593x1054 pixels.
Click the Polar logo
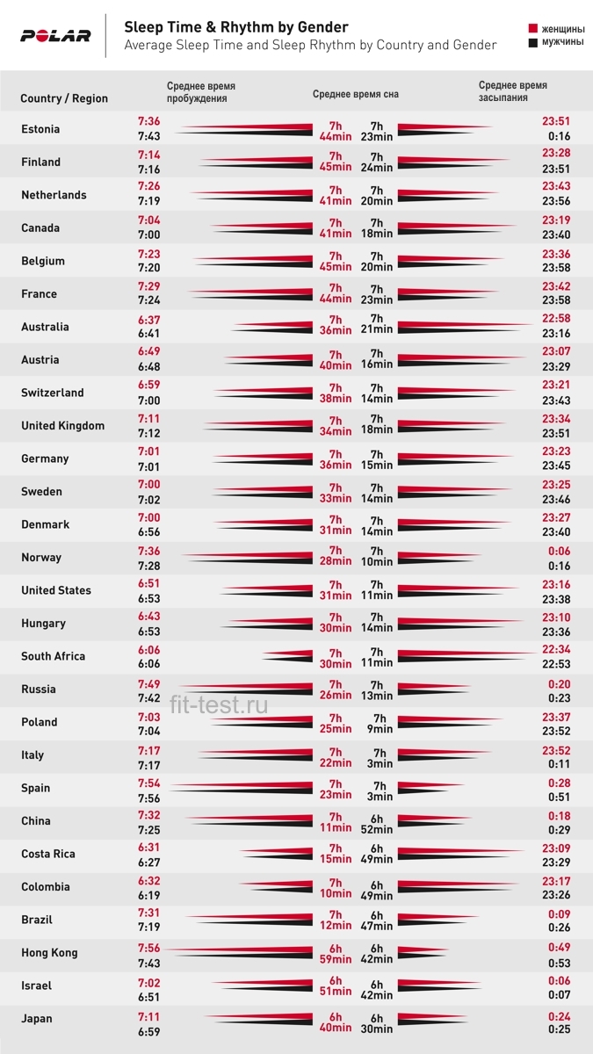click(x=55, y=36)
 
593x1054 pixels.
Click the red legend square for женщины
click(x=532, y=29)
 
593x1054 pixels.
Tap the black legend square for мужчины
click(x=532, y=43)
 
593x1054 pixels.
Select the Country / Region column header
click(x=64, y=98)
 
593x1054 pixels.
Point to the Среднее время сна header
click(x=355, y=94)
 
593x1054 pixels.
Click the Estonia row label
click(x=40, y=129)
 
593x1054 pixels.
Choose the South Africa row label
click(x=54, y=656)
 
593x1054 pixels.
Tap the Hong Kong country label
click(x=49, y=953)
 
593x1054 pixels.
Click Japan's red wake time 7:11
click(x=148, y=1017)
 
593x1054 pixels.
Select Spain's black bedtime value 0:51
click(x=559, y=798)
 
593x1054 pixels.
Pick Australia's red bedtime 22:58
click(x=556, y=318)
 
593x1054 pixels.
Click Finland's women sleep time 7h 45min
click(x=336, y=162)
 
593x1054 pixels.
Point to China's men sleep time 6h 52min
click(x=377, y=824)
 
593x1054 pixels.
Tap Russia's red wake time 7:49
click(x=148, y=684)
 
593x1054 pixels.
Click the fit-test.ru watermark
click(x=219, y=704)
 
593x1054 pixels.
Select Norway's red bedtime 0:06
click(x=559, y=551)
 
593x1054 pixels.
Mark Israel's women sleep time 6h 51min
click(x=336, y=985)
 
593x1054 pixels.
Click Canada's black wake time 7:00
click(x=148, y=235)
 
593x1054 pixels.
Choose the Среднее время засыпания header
click(x=513, y=91)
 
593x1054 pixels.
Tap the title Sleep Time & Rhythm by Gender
click(x=236, y=27)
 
